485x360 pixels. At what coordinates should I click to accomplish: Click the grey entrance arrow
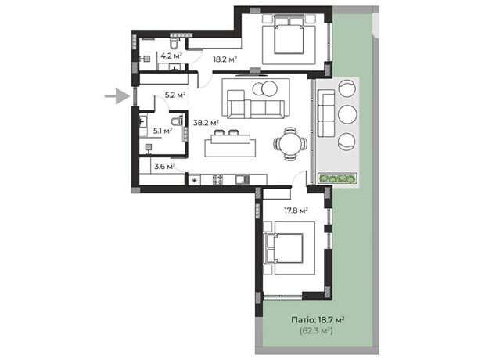point(117,96)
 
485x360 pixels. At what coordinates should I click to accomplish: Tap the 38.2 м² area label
point(206,123)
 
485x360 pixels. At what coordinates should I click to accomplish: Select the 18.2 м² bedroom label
point(225,59)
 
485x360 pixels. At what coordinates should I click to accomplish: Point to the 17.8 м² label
point(296,211)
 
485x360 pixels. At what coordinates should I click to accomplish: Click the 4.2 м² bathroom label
point(171,56)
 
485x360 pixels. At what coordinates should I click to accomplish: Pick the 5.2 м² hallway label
point(175,95)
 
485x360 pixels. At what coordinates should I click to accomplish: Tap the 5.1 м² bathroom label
point(163,131)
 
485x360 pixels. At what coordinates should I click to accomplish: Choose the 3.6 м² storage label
point(165,167)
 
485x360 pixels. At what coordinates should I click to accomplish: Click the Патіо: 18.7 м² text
point(318,320)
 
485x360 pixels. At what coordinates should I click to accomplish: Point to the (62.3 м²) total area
point(316,331)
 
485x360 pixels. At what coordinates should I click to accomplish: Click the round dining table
point(290,144)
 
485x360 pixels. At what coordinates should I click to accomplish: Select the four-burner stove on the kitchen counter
point(217,179)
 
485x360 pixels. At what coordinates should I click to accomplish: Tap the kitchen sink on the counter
point(242,179)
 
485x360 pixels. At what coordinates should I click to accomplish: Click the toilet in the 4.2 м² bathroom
point(174,43)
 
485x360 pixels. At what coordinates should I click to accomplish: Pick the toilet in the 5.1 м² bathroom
point(178,121)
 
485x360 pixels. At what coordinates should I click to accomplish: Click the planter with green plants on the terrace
point(337,178)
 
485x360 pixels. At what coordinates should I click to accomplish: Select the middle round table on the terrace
point(347,114)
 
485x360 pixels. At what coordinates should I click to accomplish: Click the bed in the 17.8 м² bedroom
point(284,248)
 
